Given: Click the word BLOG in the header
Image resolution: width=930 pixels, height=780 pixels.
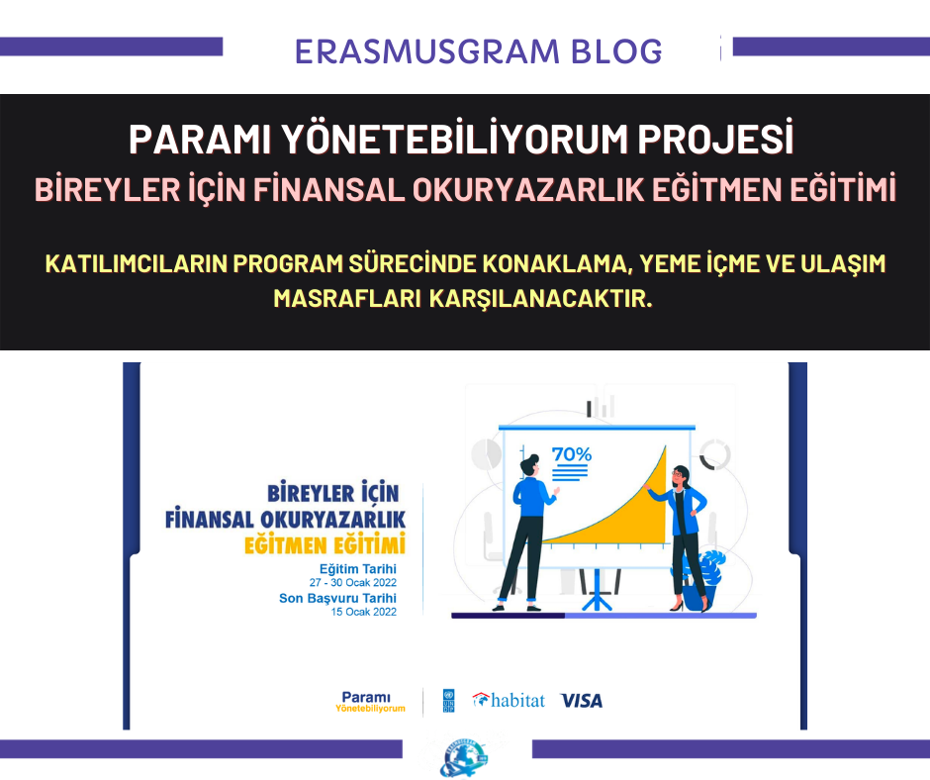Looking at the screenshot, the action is tap(616, 51).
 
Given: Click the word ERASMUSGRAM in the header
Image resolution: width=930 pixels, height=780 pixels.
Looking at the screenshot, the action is tap(427, 51).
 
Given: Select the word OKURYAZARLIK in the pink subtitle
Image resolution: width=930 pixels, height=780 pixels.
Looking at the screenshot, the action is tap(528, 190).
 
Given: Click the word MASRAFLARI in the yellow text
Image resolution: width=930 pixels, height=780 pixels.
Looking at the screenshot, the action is tap(347, 299).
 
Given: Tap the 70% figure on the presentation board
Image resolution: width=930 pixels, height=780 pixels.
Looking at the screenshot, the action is tap(572, 454).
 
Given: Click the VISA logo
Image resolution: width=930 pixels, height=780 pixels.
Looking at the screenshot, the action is tap(582, 701).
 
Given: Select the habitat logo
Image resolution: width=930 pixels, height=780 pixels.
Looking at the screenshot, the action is tap(509, 701).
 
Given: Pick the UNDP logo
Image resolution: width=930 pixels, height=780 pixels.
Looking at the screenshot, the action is tap(448, 701).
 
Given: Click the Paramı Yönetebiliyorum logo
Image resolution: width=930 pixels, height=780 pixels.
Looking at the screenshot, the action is tap(370, 702).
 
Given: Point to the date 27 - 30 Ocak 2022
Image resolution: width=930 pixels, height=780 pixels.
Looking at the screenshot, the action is tap(353, 583).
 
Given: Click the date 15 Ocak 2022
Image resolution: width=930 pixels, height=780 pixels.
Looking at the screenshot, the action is tap(363, 612).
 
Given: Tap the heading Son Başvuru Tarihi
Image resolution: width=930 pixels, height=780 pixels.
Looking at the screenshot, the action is tap(337, 598).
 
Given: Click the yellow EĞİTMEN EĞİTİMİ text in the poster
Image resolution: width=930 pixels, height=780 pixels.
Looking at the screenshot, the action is tap(325, 545).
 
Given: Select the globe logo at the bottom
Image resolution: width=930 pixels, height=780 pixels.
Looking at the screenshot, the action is tap(464, 757).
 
